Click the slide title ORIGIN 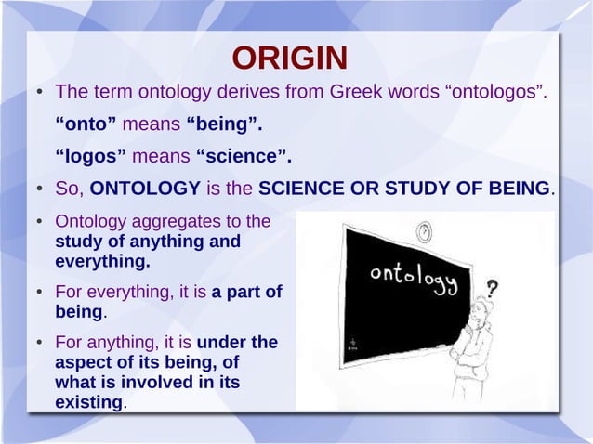pyautogui.click(x=290, y=59)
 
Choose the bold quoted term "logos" pyautogui.click(x=91, y=155)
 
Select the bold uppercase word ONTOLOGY pyautogui.click(x=145, y=189)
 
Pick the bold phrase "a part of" pyautogui.click(x=247, y=292)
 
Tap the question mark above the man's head pyautogui.click(x=492, y=288)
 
